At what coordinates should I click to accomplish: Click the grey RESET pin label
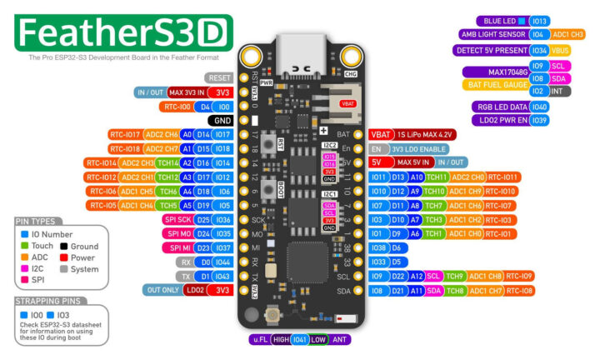pos(214,77)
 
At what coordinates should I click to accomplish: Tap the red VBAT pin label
pos(380,133)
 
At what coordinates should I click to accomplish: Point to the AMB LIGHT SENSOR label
pos(492,35)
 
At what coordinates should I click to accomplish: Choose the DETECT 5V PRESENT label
pos(491,51)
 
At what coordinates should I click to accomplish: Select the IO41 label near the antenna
pos(299,339)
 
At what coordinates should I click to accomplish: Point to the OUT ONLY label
pos(163,289)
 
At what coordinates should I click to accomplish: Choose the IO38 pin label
pos(377,247)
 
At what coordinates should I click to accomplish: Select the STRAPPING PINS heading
pos(48,300)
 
